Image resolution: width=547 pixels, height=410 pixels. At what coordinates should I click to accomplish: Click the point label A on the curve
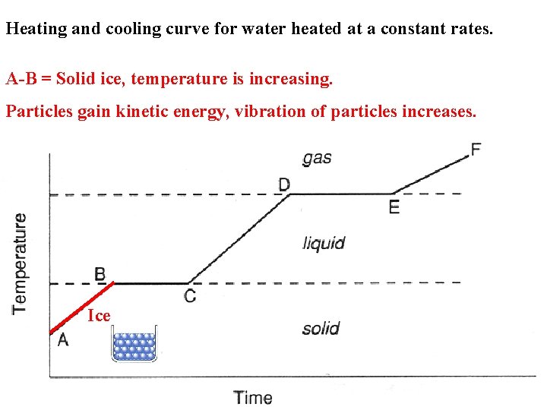[x=63, y=340]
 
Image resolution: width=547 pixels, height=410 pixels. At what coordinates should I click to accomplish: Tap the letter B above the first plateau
[x=100, y=273]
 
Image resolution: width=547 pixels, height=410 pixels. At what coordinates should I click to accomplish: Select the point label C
[x=190, y=295]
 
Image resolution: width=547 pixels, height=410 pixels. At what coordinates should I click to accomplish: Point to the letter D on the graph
[x=284, y=184]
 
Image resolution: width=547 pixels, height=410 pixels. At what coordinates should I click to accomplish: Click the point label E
[x=394, y=207]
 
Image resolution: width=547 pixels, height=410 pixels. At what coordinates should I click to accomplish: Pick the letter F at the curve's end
[x=476, y=149]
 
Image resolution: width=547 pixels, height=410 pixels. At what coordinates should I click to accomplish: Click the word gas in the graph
[x=317, y=158]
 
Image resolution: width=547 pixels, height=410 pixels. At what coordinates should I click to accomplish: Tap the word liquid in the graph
[x=324, y=243]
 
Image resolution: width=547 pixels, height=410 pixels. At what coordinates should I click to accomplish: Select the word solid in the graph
[x=321, y=329]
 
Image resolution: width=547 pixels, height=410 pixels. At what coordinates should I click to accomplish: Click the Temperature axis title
[x=21, y=262]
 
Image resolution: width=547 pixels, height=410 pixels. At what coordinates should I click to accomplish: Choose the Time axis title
[x=253, y=397]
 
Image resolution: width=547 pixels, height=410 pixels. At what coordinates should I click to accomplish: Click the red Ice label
[x=99, y=316]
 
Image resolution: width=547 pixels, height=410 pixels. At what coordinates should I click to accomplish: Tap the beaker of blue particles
[x=134, y=345]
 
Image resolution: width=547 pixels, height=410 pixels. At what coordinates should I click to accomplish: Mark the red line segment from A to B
[x=82, y=307]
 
